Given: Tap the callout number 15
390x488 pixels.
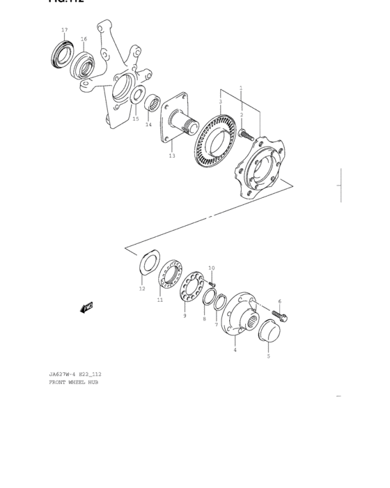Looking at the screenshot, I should (136, 119).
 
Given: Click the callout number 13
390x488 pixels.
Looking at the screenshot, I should (172, 155).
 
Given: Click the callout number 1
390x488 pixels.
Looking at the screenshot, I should (240, 89).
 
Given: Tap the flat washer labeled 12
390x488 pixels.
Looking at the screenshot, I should (148, 263).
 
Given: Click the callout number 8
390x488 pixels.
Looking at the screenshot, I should (204, 319).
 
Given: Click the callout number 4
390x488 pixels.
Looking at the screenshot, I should (235, 349).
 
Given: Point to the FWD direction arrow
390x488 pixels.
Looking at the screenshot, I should (87, 307).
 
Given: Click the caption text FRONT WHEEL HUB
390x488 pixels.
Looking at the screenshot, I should (73, 382).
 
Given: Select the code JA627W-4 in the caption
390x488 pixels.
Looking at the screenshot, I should (63, 374).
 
